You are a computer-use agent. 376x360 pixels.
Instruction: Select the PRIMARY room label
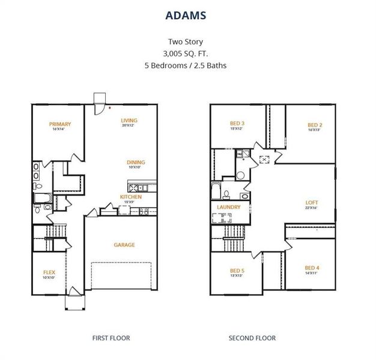(61, 125)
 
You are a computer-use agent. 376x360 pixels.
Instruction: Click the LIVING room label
(129, 120)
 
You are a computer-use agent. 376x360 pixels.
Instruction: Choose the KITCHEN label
(130, 197)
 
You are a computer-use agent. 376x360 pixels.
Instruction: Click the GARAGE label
(124, 245)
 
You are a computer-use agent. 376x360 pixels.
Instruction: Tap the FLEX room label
(49, 272)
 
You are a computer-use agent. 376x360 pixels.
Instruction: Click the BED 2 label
(314, 124)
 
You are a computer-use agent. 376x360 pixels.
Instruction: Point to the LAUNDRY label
(229, 207)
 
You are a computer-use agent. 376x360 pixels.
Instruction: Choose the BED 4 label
(312, 268)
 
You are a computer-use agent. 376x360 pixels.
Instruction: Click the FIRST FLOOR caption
(111, 338)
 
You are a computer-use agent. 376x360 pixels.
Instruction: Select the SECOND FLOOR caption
(252, 338)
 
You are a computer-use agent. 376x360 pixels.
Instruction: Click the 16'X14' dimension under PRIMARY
(61, 130)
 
